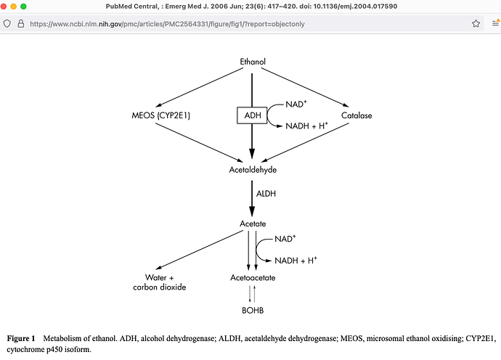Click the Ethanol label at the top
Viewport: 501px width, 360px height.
pos(253,62)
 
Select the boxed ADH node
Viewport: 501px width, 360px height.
pos(252,115)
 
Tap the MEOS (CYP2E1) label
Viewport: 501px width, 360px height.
pos(160,115)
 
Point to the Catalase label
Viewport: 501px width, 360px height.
pos(357,115)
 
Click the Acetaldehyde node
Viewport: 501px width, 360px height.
pos(253,170)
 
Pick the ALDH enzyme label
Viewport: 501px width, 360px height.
pos(266,194)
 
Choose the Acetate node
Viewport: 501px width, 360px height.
pos(253,224)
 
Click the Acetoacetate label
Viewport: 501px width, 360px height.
pos(253,277)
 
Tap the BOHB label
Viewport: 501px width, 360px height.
pos(253,310)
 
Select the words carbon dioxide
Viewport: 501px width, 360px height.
pos(160,287)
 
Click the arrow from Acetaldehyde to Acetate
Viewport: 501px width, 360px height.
pos(252,199)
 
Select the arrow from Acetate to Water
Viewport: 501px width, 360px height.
pos(200,250)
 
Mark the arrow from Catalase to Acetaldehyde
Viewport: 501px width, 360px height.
pos(305,142)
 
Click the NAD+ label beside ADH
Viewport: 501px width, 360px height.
pos(296,104)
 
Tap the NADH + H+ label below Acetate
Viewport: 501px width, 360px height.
pos(296,261)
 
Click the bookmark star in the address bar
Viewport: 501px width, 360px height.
pos(476,24)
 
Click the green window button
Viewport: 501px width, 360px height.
pos(23,7)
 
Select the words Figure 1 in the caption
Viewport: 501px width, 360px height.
pos(21,338)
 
